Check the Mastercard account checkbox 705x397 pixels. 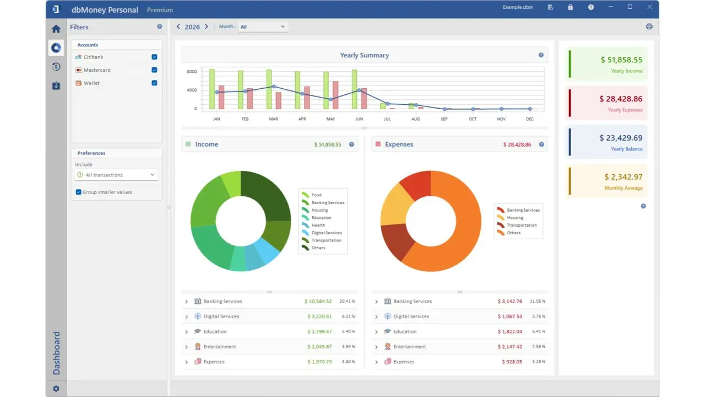(x=154, y=70)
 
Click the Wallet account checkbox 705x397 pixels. (x=154, y=83)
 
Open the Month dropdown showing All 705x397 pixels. (x=263, y=27)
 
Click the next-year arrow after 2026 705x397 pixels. (x=207, y=26)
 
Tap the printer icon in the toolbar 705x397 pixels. (x=649, y=26)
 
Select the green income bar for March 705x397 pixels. (x=269, y=89)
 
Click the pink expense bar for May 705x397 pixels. (x=335, y=95)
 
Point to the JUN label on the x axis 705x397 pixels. (x=359, y=119)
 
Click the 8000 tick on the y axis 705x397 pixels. (x=192, y=72)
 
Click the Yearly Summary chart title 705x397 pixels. (x=365, y=55)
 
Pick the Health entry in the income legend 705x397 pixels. (x=318, y=225)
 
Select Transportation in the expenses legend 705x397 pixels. (x=522, y=225)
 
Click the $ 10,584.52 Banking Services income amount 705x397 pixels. (x=318, y=301)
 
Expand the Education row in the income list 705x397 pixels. (x=186, y=331)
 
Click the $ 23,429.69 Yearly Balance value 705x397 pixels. (x=621, y=138)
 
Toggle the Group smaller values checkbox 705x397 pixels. (x=78, y=192)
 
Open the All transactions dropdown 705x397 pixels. (x=116, y=175)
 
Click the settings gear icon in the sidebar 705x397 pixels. (x=56, y=389)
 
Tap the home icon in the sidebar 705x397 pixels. (x=56, y=29)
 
